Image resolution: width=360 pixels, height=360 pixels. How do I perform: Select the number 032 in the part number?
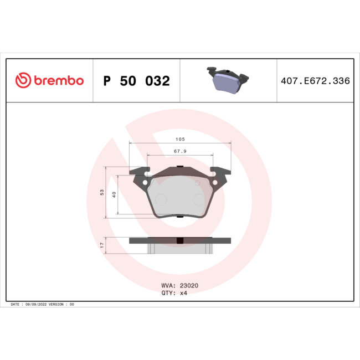tap(157, 81)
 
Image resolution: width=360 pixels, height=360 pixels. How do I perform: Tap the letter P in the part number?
tap(107, 81)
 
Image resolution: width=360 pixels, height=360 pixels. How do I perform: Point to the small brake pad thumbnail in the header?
tap(228, 80)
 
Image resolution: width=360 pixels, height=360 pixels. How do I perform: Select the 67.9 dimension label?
tap(180, 151)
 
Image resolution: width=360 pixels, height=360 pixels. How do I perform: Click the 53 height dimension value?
tap(102, 192)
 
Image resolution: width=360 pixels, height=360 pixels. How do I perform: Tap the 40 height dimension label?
tap(114, 194)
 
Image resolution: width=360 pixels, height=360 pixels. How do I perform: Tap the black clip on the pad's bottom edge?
tap(180, 217)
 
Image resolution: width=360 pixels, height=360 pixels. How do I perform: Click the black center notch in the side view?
tap(180, 241)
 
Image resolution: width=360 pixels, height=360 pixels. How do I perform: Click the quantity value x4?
tap(183, 293)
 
